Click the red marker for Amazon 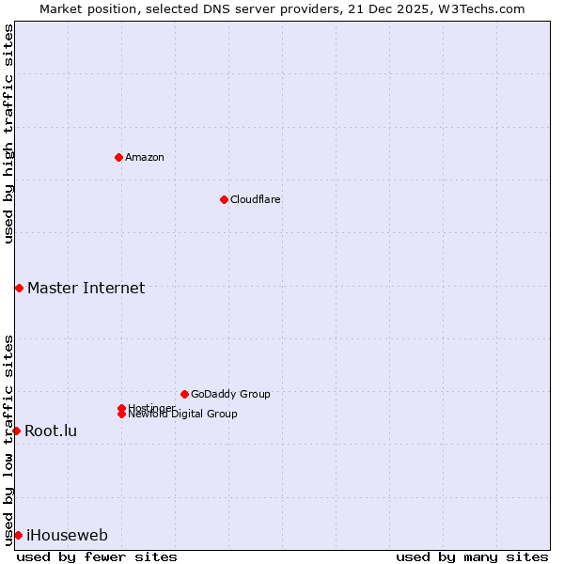pyautogui.click(x=118, y=157)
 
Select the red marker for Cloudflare pyautogui.click(x=224, y=199)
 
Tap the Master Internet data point pyautogui.click(x=19, y=288)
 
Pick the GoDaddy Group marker pyautogui.click(x=184, y=394)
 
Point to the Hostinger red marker pyautogui.click(x=121, y=408)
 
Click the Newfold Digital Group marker pyautogui.click(x=121, y=415)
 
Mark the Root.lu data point pyautogui.click(x=16, y=431)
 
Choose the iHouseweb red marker pyautogui.click(x=18, y=535)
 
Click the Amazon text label pyautogui.click(x=144, y=157)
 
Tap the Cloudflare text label pyautogui.click(x=255, y=199)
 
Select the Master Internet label pyautogui.click(x=86, y=288)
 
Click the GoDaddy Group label pyautogui.click(x=230, y=394)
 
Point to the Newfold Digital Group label pyautogui.click(x=182, y=415)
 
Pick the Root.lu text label pyautogui.click(x=51, y=431)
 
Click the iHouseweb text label pyautogui.click(x=67, y=535)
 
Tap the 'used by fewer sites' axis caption pyautogui.click(x=97, y=556)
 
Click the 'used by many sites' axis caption pyautogui.click(x=472, y=556)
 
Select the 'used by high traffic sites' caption pyautogui.click(x=8, y=133)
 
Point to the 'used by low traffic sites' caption pyautogui.click(x=8, y=440)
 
